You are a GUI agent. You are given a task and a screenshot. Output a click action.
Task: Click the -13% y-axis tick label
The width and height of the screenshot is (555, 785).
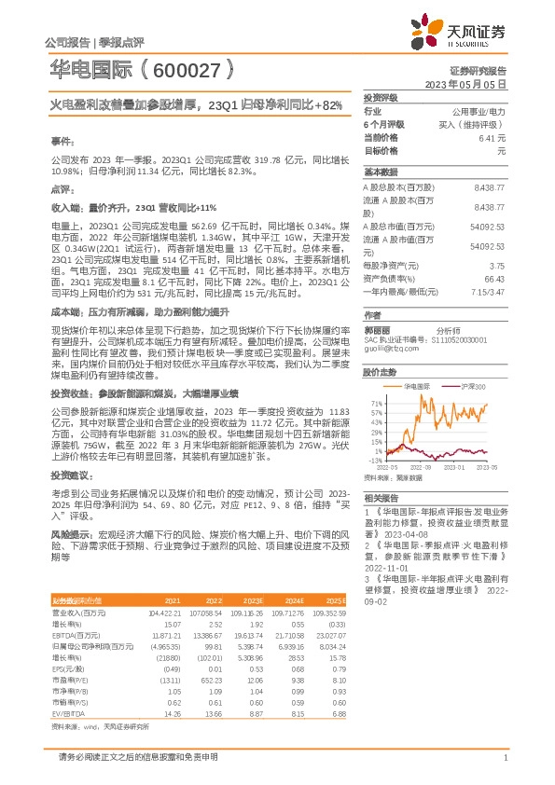tap(376, 460)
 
